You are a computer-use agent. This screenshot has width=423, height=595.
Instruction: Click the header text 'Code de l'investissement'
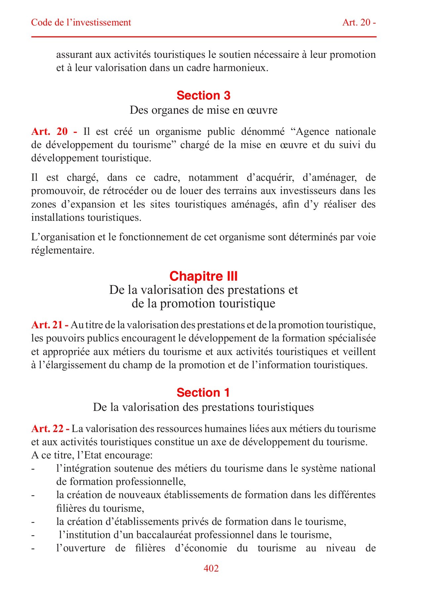(81, 22)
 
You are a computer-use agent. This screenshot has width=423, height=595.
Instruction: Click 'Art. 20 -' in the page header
(359, 22)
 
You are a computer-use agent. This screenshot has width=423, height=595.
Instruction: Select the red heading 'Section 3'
(203, 96)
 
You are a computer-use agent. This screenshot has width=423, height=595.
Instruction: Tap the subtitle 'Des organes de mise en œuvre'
(203, 110)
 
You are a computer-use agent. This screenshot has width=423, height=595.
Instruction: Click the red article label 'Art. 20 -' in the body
(54, 132)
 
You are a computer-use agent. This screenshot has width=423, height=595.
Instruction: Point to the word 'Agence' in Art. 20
(312, 132)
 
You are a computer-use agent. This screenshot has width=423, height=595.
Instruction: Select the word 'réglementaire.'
(63, 250)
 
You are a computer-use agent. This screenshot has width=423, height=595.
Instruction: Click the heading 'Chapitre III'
(203, 276)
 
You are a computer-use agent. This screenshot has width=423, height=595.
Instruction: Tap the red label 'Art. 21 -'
(50, 325)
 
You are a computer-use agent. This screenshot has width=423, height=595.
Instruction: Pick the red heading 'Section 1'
(203, 392)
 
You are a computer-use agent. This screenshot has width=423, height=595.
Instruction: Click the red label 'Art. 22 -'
(50, 429)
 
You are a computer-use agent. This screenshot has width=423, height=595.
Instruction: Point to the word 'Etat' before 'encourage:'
(92, 456)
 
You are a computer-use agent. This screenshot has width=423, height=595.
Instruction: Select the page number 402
(211, 568)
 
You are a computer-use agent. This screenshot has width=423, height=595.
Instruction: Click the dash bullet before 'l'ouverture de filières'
(33, 548)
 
